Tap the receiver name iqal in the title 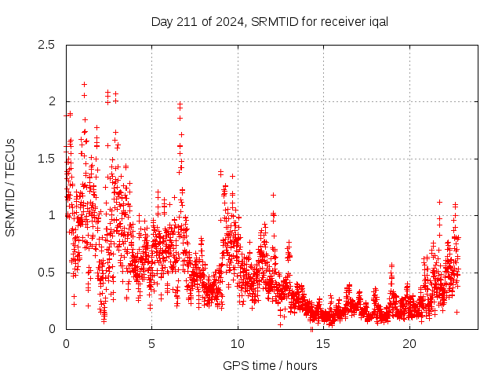(x=376, y=21)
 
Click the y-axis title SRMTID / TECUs (x=10, y=187)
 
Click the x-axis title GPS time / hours (x=270, y=365)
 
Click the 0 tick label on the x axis (x=66, y=344)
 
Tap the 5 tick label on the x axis (x=152, y=344)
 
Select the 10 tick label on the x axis (x=238, y=344)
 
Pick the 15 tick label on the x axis (x=324, y=344)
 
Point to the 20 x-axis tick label (x=409, y=344)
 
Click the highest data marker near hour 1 (x=84, y=84)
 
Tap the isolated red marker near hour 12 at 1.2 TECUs (x=273, y=195)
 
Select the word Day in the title (x=161, y=21)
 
